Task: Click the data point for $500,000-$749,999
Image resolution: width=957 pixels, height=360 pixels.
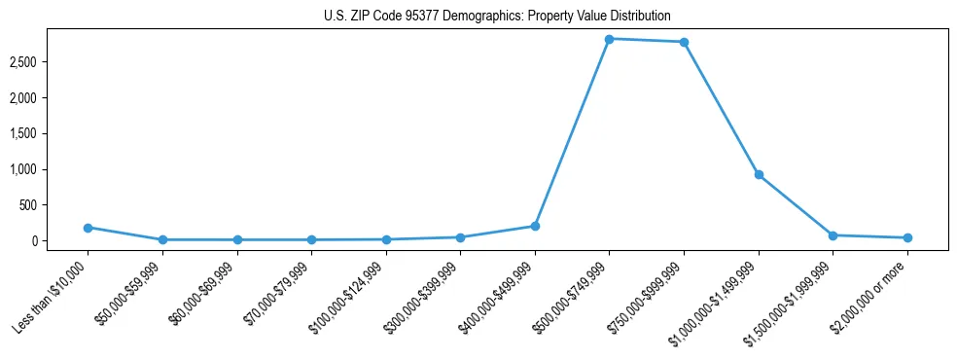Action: tap(609, 39)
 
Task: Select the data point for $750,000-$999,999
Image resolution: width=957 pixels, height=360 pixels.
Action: tap(684, 42)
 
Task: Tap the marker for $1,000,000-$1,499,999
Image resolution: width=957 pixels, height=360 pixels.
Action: tap(759, 175)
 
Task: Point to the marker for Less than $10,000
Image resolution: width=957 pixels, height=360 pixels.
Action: tap(88, 228)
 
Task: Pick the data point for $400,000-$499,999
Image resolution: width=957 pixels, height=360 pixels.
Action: tap(535, 226)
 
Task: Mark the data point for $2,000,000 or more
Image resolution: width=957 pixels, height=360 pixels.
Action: tap(907, 237)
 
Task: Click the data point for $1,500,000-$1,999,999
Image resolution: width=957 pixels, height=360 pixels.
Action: tap(833, 235)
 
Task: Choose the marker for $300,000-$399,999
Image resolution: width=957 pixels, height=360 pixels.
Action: tap(460, 237)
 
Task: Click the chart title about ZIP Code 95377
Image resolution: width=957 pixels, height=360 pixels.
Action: tap(497, 17)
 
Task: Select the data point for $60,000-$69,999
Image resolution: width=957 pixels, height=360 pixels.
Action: tap(236, 239)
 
